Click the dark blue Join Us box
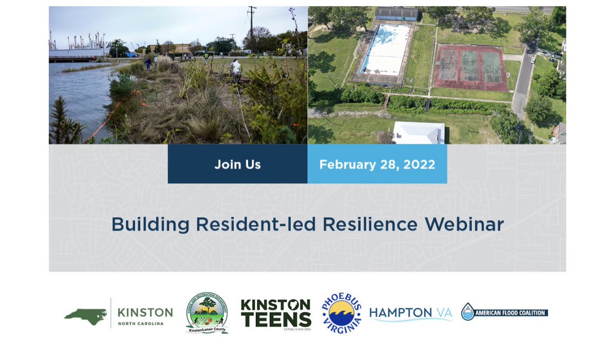(x=237, y=164)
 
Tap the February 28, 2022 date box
(x=377, y=164)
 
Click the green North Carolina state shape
(x=85, y=313)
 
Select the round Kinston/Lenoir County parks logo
(x=207, y=313)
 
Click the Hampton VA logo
(x=411, y=313)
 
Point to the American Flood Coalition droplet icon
(x=467, y=311)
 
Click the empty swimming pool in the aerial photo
(x=385, y=50)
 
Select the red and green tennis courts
(x=470, y=67)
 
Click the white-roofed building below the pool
(x=418, y=133)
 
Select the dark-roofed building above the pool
(x=396, y=14)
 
